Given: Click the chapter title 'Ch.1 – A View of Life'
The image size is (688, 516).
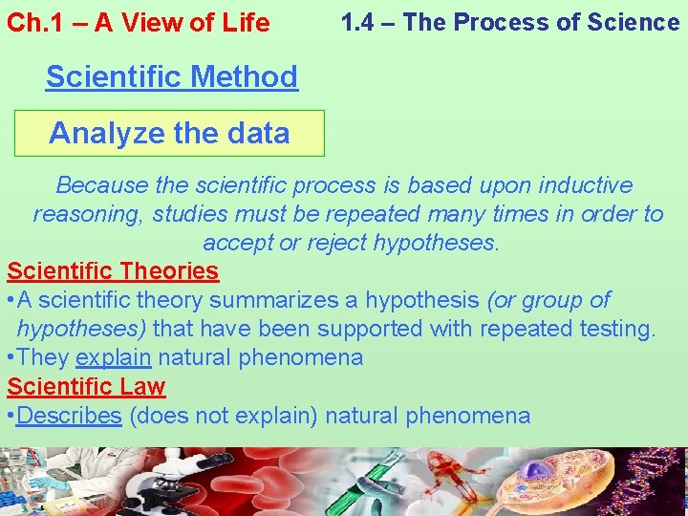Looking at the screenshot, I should tap(139, 23).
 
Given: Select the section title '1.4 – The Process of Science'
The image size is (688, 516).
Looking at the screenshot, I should tap(510, 22).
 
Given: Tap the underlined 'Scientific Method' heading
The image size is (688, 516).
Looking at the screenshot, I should tap(172, 76).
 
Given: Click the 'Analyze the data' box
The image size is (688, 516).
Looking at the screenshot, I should tap(169, 133).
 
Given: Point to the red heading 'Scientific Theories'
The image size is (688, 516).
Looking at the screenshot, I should tap(113, 271).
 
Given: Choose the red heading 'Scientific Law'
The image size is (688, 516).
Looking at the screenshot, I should tap(86, 387).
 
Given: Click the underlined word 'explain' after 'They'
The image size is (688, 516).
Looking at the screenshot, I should tap(113, 358).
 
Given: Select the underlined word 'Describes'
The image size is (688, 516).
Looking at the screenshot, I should tap(69, 416).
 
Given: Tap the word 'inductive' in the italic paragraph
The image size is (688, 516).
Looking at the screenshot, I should tap(585, 184).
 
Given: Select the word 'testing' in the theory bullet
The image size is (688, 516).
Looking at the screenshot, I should tap(615, 329).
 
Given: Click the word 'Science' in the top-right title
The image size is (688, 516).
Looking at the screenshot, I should tap(634, 22).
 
